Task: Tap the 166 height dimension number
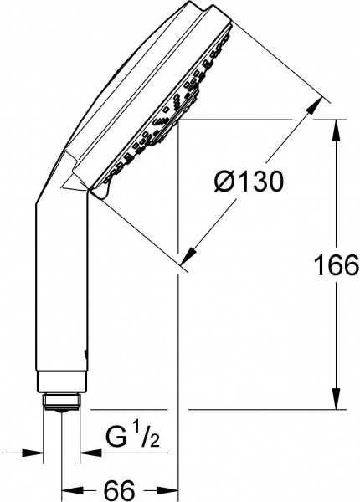(x=327, y=267)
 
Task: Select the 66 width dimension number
(x=121, y=487)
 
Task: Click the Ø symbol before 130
(x=224, y=181)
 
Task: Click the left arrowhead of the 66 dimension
(x=70, y=487)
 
